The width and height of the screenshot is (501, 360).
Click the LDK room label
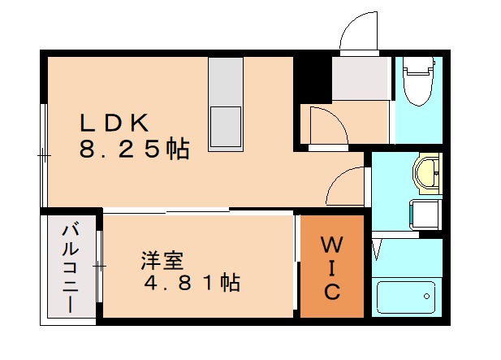pyautogui.click(x=113, y=123)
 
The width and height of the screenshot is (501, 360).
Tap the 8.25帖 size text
pyautogui.click(x=134, y=150)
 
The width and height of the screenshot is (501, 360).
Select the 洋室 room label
pyautogui.click(x=162, y=262)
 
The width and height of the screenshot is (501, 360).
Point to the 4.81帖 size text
pyautogui.click(x=192, y=284)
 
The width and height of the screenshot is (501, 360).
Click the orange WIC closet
pyautogui.click(x=332, y=267)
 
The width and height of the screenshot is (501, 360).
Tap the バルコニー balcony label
pyautogui.click(x=70, y=267)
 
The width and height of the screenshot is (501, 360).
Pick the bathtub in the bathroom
pyautogui.click(x=406, y=297)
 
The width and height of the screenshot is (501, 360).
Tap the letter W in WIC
pyautogui.click(x=332, y=245)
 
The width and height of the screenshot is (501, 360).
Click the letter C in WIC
pyautogui.click(x=333, y=292)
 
